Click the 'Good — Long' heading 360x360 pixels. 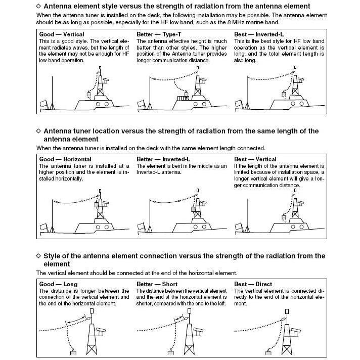point(58,284)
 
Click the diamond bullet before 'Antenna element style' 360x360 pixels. point(39,6)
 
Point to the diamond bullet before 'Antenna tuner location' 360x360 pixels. point(39,131)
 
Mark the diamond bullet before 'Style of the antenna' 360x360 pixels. point(39,256)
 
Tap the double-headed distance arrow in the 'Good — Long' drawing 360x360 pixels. point(75,322)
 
